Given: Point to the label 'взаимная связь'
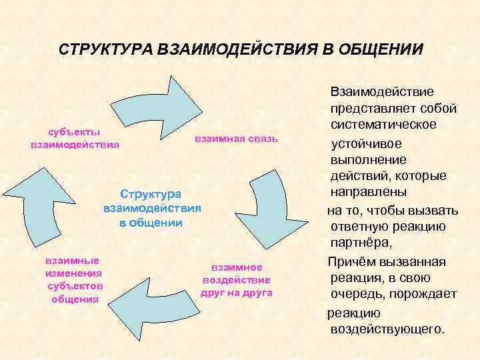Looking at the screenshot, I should tap(235, 139).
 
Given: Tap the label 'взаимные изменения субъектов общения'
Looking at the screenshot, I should tap(74, 279).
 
